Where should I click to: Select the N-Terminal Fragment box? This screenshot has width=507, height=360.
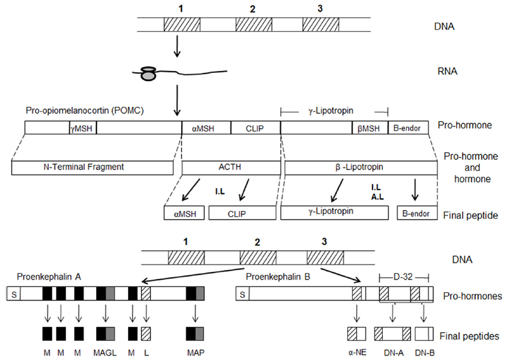point(93,167)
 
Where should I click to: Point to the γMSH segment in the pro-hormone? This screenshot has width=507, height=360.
point(82,127)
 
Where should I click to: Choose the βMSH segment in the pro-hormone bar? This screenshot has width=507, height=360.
point(368,127)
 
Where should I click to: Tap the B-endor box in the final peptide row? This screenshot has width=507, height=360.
point(416,214)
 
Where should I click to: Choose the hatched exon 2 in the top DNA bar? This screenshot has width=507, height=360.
point(253,25)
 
